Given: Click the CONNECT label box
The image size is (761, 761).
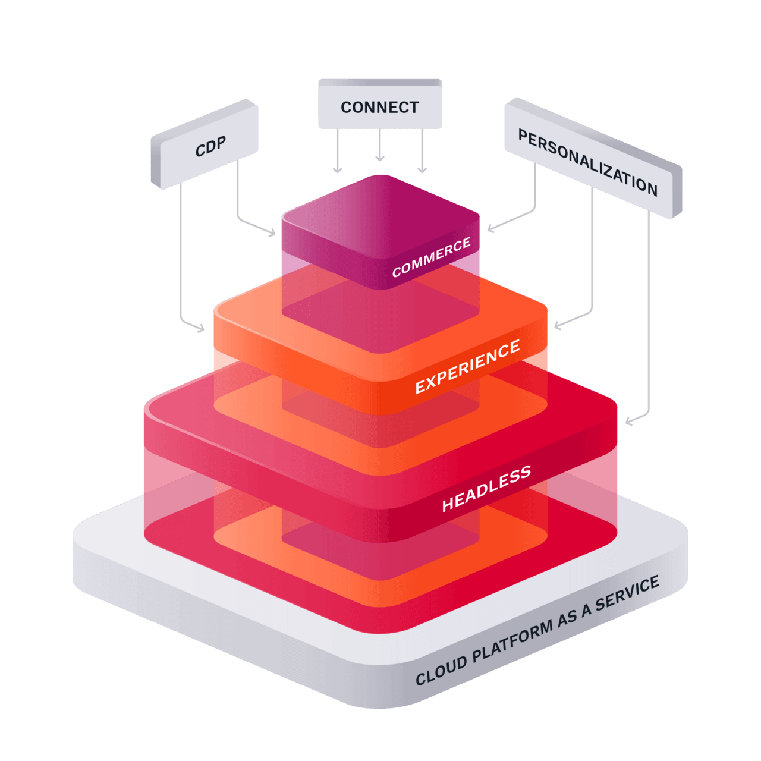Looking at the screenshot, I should pyautogui.click(x=380, y=107).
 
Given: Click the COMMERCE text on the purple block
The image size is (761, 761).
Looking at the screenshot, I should pyautogui.click(x=431, y=257).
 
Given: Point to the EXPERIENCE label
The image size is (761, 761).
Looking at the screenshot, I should pyautogui.click(x=467, y=367).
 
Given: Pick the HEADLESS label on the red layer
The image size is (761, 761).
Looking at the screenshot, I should pyautogui.click(x=486, y=489).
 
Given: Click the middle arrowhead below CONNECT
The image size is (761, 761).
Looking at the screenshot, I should pyautogui.click(x=380, y=158).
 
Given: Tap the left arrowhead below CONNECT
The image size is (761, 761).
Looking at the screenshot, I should pyautogui.click(x=338, y=171).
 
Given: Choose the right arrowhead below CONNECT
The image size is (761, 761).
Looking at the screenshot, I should pyautogui.click(x=422, y=171).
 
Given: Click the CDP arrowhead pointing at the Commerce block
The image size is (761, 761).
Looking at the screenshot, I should pyautogui.click(x=272, y=234).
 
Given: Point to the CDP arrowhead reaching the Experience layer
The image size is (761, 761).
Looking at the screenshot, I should pyautogui.click(x=201, y=328).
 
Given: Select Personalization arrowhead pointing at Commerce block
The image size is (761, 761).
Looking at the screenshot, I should pyautogui.click(x=490, y=229).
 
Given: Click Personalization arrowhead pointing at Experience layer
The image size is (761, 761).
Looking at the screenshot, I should pyautogui.click(x=557, y=325).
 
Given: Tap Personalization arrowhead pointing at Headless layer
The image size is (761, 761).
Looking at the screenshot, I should pyautogui.click(x=628, y=422).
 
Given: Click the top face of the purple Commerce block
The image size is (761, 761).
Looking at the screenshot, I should pyautogui.click(x=380, y=214).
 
